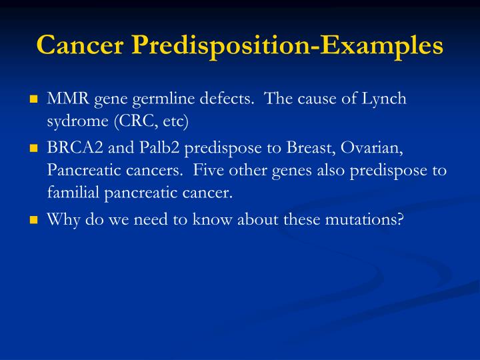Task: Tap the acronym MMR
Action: coord(63,99)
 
